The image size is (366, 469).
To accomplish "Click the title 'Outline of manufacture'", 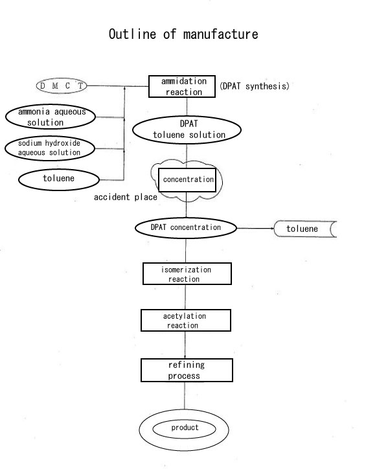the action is [183, 34].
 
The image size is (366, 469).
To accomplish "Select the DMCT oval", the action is [62, 86].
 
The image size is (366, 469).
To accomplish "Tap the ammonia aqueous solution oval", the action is [51, 117].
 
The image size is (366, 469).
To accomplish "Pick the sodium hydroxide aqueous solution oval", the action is [50, 148].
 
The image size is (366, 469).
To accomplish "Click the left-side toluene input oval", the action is [59, 179].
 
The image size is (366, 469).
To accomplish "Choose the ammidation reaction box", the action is [182, 86].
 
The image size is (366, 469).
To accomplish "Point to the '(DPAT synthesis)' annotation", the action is [255, 86].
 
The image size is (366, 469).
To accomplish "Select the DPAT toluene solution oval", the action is [187, 130].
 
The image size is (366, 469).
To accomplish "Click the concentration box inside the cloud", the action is [187, 180].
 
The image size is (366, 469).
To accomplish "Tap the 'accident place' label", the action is [126, 197].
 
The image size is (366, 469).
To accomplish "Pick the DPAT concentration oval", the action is [186, 228].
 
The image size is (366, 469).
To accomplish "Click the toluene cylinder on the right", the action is [305, 229].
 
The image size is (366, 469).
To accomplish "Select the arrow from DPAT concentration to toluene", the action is [255, 228].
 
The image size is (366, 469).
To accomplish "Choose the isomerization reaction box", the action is [187, 273].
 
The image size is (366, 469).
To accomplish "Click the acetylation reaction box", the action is [186, 321].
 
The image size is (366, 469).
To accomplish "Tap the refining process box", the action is [187, 371].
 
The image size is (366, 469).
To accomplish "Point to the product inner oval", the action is [184, 429].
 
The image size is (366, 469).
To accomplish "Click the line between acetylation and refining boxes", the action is [185, 345].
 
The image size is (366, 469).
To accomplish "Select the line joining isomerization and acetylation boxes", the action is [185, 297].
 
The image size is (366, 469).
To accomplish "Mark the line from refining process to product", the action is [185, 396].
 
